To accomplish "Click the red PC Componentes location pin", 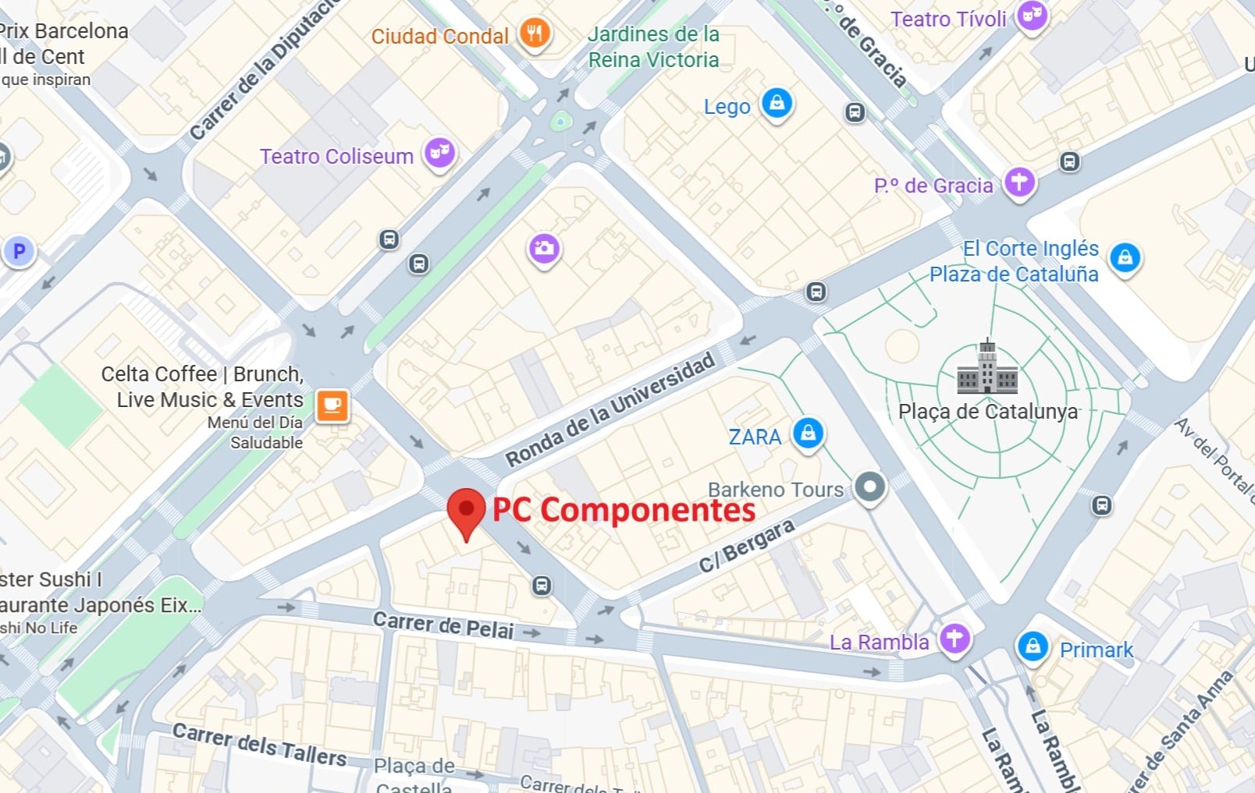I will [x=466, y=511].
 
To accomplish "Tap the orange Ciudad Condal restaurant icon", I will [x=535, y=34].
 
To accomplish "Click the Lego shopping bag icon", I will [x=777, y=103].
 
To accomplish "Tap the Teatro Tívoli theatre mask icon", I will [x=1032, y=15].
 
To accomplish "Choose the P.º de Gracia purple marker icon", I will [x=1019, y=182].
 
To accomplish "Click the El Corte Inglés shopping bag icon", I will [x=1125, y=257].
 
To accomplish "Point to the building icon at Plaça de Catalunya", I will [x=987, y=368].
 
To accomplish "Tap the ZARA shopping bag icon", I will [x=808, y=433].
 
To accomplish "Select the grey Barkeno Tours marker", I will [x=869, y=487].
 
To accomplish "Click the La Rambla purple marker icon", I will [x=954, y=638].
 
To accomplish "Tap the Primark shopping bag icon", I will [x=1033, y=646].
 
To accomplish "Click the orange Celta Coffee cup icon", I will [x=332, y=405].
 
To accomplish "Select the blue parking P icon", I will [x=19, y=252].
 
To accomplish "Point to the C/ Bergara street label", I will [x=746, y=545].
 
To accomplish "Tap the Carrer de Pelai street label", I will [x=443, y=625].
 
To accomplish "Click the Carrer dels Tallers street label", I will [x=260, y=745].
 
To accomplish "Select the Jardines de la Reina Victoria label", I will [x=653, y=47].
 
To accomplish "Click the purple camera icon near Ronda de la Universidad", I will [x=544, y=249].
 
